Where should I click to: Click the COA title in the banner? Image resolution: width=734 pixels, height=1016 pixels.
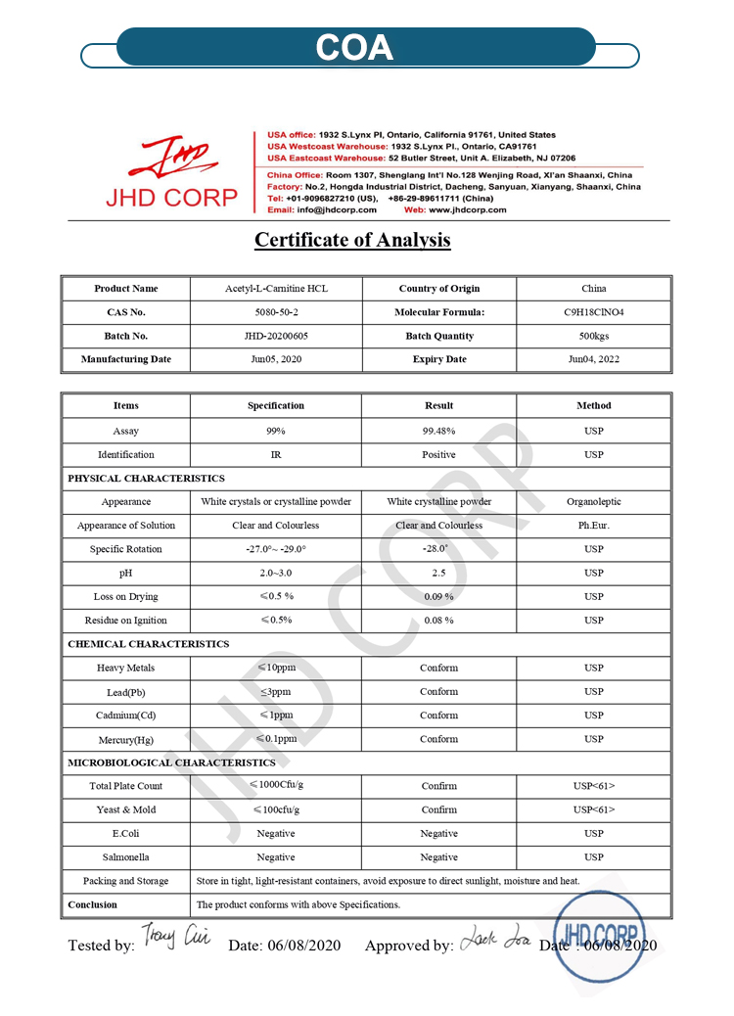point(354,48)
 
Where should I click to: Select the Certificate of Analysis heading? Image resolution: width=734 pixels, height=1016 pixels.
point(352,240)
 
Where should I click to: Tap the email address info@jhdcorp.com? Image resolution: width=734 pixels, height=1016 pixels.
point(337,209)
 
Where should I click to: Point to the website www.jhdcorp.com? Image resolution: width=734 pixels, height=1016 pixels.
point(468,209)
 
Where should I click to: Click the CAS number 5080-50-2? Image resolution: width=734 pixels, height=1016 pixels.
point(275,312)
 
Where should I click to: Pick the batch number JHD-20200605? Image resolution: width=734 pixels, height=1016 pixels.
point(275,336)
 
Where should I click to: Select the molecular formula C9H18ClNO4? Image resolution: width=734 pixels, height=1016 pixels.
point(593,312)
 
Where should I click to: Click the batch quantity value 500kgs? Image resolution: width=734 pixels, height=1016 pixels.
point(593,336)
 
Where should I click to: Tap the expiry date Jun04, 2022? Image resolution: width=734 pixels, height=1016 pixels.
point(593,359)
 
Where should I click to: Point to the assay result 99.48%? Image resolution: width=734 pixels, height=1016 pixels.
point(438,431)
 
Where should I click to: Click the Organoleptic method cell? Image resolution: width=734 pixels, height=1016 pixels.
point(593,502)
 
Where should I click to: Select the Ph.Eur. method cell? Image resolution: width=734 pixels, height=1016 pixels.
point(593,526)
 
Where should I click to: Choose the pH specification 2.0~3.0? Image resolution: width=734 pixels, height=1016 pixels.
point(275,573)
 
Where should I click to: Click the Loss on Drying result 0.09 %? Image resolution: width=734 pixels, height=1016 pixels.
point(438,596)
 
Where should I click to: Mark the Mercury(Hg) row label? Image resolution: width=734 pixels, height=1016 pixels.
point(125,739)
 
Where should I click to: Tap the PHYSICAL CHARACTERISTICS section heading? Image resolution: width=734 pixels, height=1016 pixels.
point(146,479)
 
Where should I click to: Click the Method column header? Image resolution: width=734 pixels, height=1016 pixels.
point(593,405)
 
